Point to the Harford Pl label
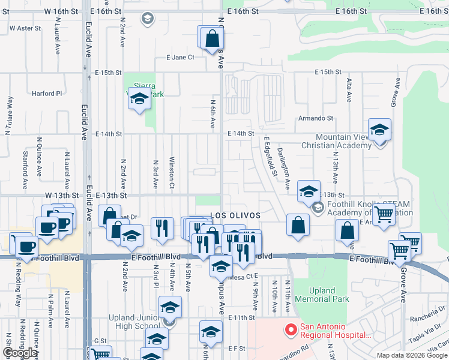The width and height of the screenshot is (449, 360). click(x=47, y=94)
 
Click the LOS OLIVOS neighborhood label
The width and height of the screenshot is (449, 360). click(x=235, y=215)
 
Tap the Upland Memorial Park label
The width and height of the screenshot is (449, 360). click(x=323, y=295)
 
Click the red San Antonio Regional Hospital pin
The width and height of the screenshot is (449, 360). click(x=291, y=330)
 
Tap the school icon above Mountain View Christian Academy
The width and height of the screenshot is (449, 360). click(x=379, y=130)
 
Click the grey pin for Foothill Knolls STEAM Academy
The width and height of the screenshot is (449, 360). click(x=317, y=208)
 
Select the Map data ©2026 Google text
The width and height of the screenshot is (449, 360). click(x=412, y=355)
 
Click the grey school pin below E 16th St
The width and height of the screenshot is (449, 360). click(x=146, y=19)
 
